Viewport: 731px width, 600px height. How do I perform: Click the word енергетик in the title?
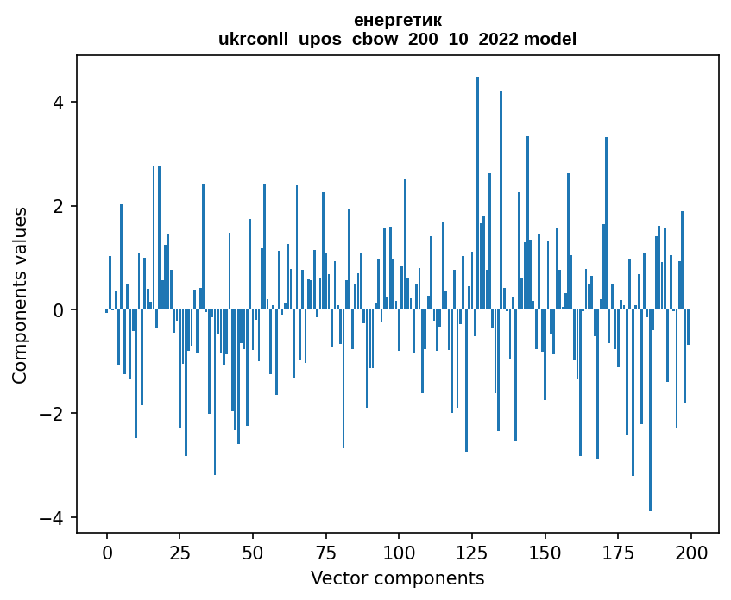point(398,20)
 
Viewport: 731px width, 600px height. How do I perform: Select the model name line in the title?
point(398,39)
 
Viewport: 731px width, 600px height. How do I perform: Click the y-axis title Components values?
point(20,295)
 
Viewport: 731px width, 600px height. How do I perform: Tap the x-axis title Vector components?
point(397,578)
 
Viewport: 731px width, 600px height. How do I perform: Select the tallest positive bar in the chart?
point(477,193)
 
